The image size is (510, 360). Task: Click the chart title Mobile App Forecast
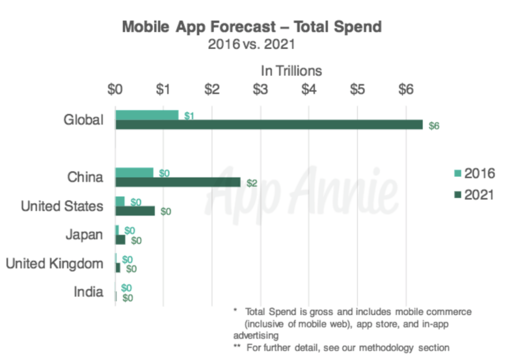252,26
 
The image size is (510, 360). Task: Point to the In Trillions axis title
291,71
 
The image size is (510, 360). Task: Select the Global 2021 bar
269,124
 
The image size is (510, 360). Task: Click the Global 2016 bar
146,115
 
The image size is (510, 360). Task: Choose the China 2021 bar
178,182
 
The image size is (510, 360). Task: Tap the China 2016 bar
134,173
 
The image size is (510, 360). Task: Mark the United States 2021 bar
135,211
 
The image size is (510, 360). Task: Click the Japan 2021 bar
120,240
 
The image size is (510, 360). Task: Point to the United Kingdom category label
54,263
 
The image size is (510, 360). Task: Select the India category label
88,292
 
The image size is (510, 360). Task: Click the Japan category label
84,235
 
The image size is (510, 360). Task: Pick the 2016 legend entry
473,174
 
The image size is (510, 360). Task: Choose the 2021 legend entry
473,195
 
